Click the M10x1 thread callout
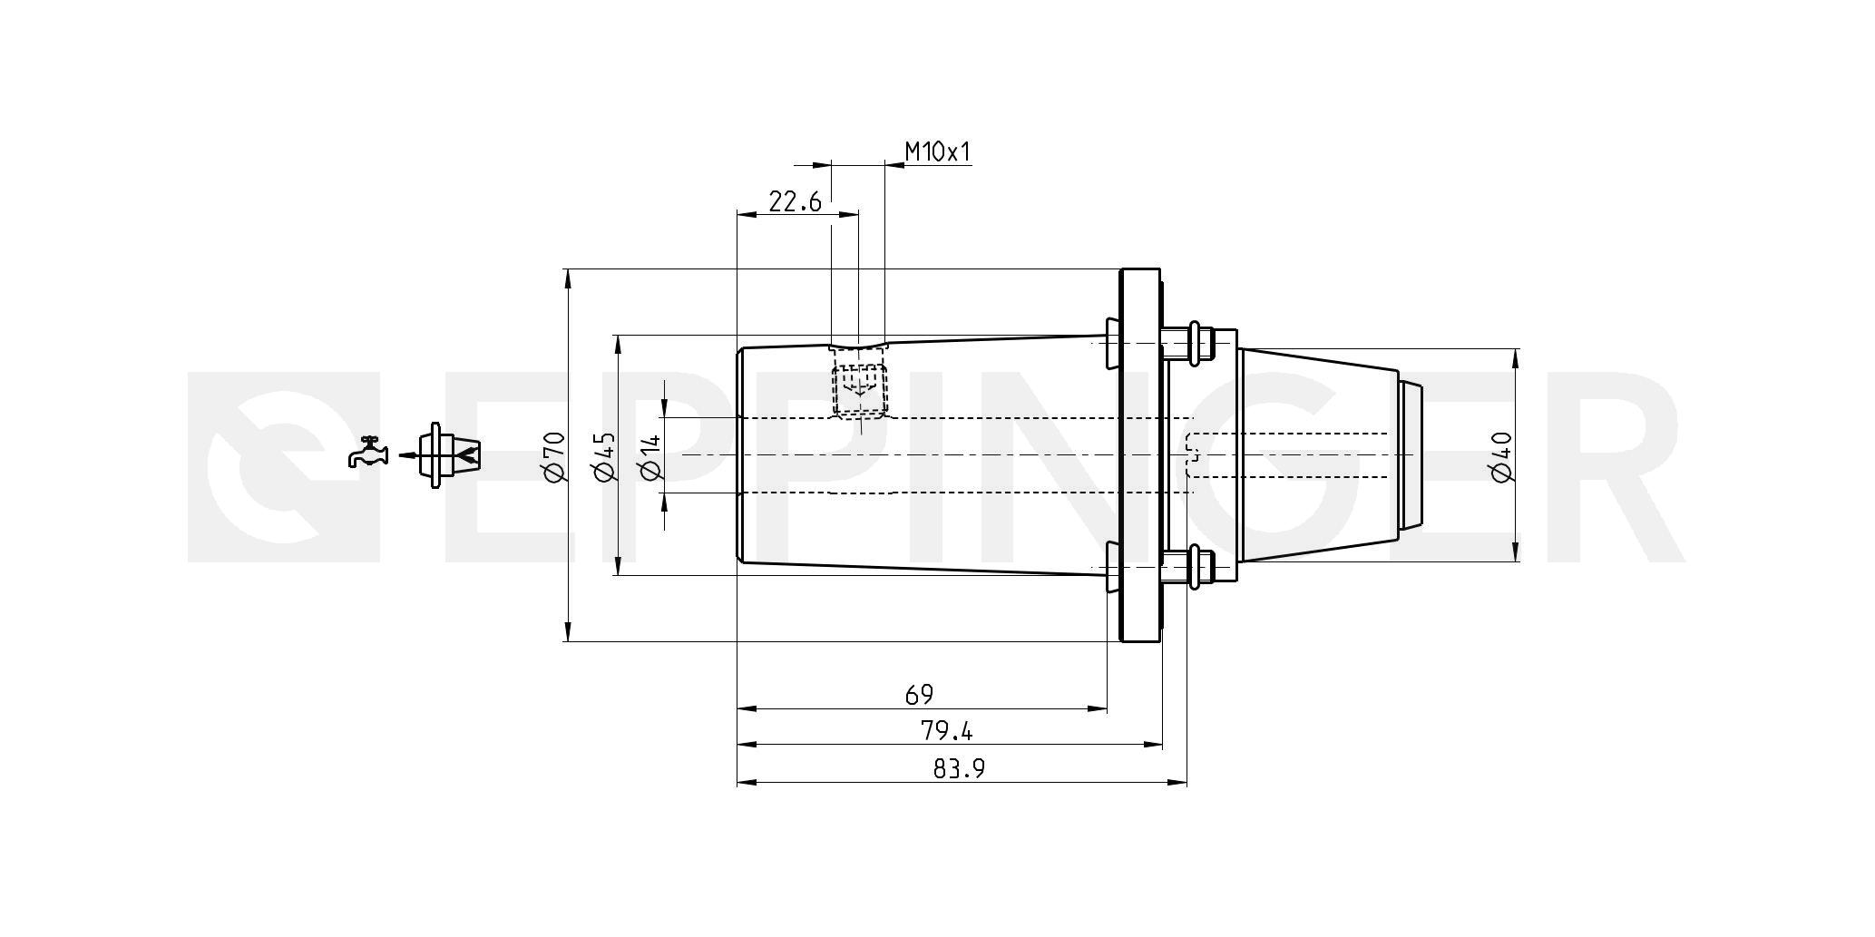point(938,151)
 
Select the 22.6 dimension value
point(796,201)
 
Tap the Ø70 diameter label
point(553,455)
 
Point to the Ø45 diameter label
point(603,455)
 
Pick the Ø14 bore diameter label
point(651,455)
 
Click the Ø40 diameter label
point(1500,455)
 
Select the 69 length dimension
point(919,695)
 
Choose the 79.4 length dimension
point(947,730)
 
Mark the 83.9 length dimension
point(959,769)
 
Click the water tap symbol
point(367,452)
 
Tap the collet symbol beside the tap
point(448,455)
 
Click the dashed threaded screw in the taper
point(858,390)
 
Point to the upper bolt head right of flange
point(1203,343)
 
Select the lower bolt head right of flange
point(1203,568)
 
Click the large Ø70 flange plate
point(1139,455)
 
